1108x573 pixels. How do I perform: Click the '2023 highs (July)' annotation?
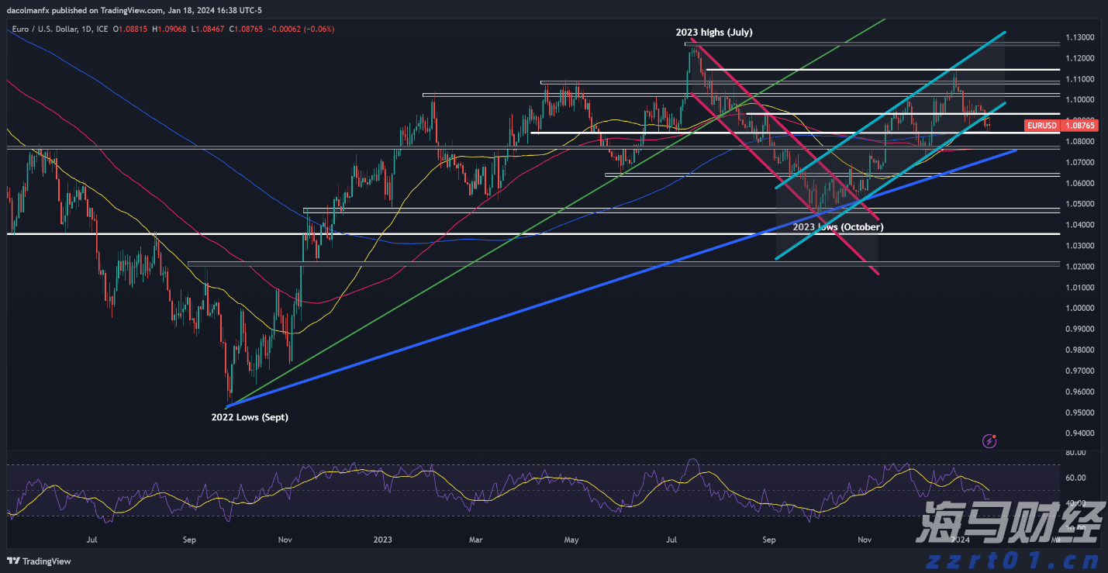coord(713,33)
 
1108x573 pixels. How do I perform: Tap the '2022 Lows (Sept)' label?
coord(249,417)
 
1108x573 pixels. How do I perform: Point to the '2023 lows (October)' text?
coord(837,227)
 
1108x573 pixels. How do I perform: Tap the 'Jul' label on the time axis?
coord(91,539)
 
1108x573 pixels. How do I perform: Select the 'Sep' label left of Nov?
coord(188,539)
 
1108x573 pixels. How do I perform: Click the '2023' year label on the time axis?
coord(382,539)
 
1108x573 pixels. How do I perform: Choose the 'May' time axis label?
coord(571,539)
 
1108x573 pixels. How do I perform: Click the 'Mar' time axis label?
coord(476,539)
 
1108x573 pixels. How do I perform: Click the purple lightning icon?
coord(989,441)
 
